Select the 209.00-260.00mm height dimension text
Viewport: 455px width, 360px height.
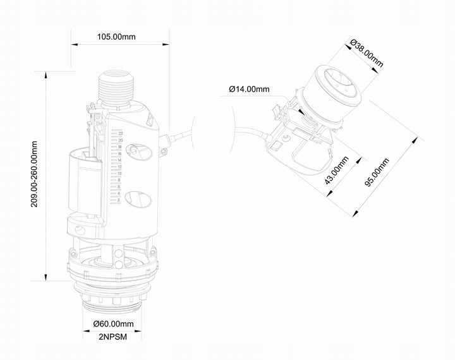point(35,174)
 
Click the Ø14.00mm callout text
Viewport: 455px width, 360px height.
point(249,89)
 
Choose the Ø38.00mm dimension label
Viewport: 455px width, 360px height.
point(367,54)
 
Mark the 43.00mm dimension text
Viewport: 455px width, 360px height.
point(336,169)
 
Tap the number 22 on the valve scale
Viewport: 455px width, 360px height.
point(119,134)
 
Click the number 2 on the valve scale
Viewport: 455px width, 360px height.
point(119,200)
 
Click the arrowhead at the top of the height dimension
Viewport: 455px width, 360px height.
point(47,73)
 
